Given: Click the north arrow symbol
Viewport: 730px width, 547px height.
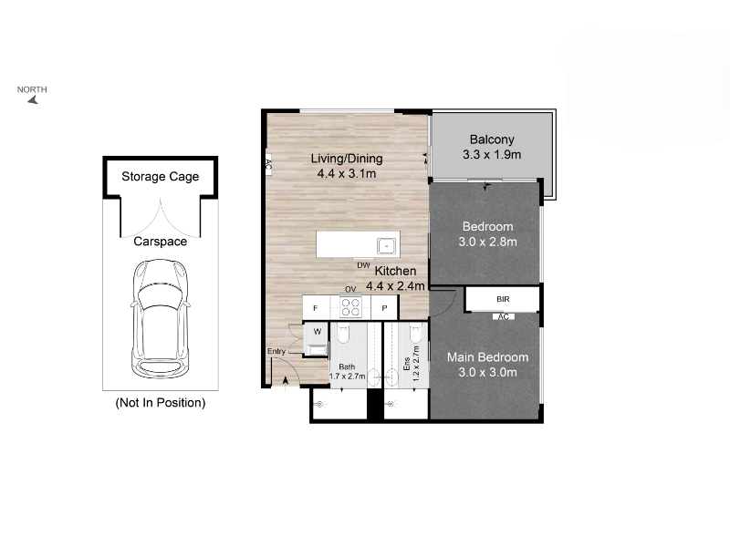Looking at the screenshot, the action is pos(33,99).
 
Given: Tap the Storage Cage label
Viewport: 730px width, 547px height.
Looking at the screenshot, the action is pos(161,177).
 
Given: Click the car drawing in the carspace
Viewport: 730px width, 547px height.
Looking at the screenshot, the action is pos(161,318).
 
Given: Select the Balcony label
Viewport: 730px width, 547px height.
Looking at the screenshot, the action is pos(492,139).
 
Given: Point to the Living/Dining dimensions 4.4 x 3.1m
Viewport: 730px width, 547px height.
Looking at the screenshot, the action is pos(347,174).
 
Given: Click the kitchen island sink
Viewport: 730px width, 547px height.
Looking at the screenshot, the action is pos(386,246).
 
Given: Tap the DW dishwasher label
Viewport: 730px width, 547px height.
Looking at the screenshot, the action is pos(363,265).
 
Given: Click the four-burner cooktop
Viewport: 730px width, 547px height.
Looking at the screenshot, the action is pos(350,307).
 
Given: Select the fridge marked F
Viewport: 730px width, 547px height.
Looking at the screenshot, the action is pos(316,308).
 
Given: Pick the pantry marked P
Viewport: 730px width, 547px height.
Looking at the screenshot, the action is pos(384,308).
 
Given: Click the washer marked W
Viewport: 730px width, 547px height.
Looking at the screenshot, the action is pos(317,332).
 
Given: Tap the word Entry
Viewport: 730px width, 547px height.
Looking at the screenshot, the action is pos(276,351).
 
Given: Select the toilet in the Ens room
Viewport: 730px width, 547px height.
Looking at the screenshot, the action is pos(416,332).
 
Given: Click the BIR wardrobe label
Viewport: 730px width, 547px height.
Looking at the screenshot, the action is pos(503,300).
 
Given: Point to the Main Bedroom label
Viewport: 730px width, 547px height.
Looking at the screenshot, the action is pos(487,357).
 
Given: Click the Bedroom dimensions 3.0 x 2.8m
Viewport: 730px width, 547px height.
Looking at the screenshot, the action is pos(487,242).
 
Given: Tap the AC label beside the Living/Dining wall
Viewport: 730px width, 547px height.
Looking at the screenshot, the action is pos(268,165).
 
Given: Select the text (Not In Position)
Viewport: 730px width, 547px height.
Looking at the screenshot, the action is pos(161,403).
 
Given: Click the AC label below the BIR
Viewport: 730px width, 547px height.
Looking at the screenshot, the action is pos(504,316).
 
